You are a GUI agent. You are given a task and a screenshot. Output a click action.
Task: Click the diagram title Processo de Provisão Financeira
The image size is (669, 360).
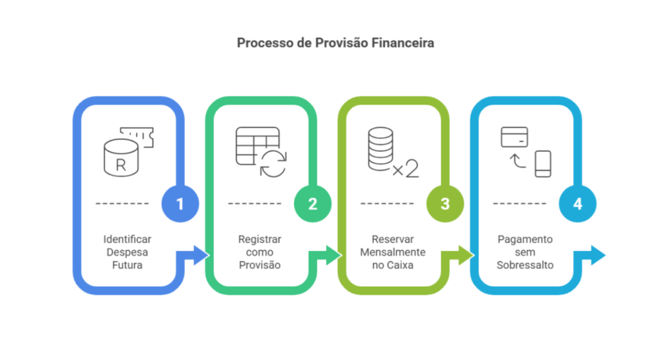tap(334, 44)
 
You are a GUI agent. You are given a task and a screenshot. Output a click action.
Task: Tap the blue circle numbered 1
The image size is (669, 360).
tap(180, 204)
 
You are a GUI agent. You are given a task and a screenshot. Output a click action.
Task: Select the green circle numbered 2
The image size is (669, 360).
tap(312, 204)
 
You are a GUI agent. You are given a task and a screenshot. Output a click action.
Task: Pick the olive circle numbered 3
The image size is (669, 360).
tap(445, 204)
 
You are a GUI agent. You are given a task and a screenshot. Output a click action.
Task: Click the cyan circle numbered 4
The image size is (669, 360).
tap(578, 204)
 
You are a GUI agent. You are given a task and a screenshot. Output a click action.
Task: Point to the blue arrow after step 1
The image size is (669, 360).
tap(195, 255)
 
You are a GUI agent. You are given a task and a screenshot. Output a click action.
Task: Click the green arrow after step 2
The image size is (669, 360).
tap(327, 255)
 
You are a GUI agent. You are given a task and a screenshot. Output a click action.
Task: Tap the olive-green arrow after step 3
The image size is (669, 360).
tap(460, 255)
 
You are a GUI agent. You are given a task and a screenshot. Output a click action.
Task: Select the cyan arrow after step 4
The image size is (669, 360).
tap(592, 255)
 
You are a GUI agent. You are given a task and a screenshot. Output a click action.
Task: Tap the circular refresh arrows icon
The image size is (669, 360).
tap(272, 163)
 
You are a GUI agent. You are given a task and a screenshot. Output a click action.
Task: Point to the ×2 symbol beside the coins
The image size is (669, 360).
tap(406, 169)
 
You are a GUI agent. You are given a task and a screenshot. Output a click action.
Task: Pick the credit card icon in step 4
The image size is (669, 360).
tap(514, 137)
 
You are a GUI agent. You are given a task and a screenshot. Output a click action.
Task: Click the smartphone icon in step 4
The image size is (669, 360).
tap(542, 163)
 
